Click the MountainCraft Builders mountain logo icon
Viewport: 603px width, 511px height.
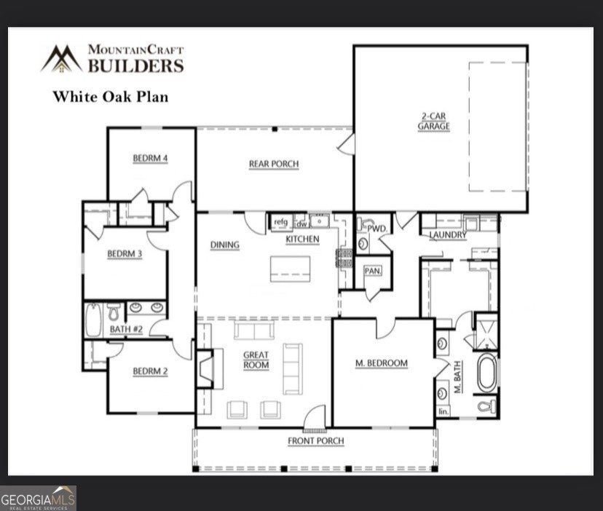(x=61, y=58)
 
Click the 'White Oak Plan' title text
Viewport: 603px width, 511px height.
(x=110, y=95)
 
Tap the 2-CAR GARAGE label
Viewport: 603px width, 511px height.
(x=433, y=121)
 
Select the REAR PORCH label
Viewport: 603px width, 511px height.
(x=274, y=164)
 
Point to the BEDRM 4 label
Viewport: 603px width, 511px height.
(x=151, y=158)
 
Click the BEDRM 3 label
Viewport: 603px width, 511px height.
(x=125, y=254)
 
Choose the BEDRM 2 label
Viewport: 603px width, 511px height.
(x=150, y=371)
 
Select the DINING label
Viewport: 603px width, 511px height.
(x=225, y=245)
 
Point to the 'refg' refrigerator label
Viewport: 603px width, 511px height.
(x=280, y=222)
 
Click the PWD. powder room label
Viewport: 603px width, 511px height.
(x=377, y=228)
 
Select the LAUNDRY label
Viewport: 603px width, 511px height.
(x=448, y=235)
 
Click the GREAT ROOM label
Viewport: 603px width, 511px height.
(x=256, y=360)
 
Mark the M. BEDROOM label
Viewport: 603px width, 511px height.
(x=381, y=363)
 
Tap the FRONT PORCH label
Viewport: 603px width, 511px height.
(x=315, y=441)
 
